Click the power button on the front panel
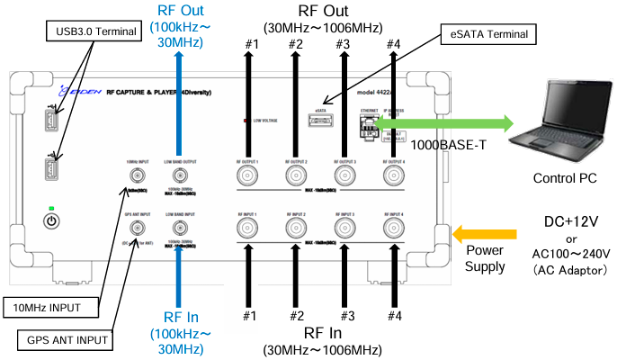click(x=52, y=221)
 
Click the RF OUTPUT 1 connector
click(x=247, y=175)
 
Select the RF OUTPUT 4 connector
click(x=393, y=175)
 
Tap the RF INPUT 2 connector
click(x=296, y=228)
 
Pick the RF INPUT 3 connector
click(x=344, y=228)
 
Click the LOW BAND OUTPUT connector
click(x=181, y=175)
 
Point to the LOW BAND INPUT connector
click(x=181, y=228)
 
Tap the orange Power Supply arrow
click(x=470, y=234)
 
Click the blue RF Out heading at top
click(x=180, y=11)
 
